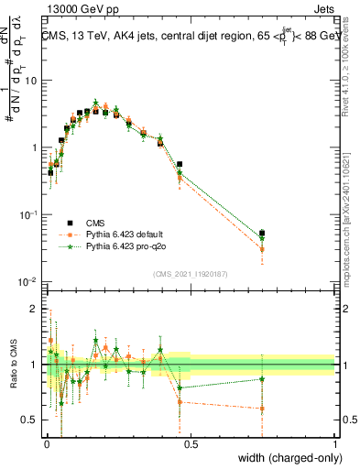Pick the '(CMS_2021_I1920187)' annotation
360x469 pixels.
191,273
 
